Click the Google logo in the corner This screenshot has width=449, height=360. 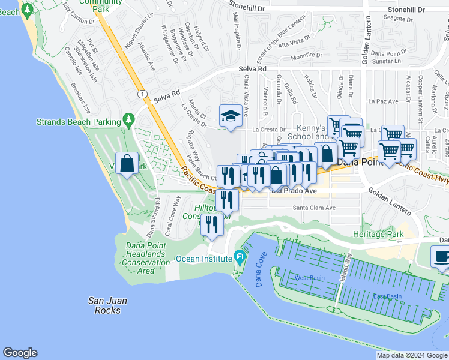[20, 353]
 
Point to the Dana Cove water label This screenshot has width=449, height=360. [260, 272]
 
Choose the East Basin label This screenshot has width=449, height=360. [387, 296]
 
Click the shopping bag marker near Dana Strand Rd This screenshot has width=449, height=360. [128, 163]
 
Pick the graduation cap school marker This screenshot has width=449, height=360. [230, 115]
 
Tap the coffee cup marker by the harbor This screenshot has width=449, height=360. [441, 256]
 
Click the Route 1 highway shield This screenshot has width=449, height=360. [142, 94]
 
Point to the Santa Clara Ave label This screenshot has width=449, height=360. [313, 208]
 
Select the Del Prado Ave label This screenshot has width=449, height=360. [294, 191]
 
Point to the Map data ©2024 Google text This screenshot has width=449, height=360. [411, 355]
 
